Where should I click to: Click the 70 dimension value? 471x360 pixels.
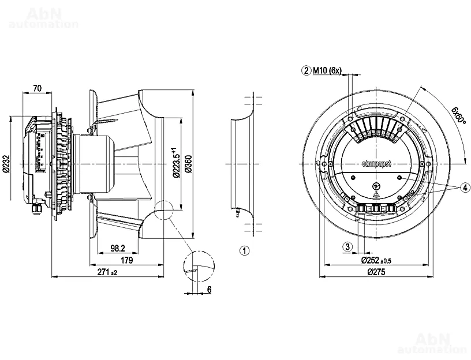pos(37,88)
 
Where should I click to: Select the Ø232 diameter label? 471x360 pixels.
pos(6,163)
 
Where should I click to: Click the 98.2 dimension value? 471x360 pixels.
pos(117,249)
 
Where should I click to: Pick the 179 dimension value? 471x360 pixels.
pos(128,261)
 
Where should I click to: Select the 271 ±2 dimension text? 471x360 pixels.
pos(107,272)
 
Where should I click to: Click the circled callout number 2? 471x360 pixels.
pos(306,71)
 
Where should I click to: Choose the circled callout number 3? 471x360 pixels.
pos(347,246)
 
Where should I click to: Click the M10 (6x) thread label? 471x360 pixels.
pos(328,71)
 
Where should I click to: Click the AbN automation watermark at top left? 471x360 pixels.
pos(44,18)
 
